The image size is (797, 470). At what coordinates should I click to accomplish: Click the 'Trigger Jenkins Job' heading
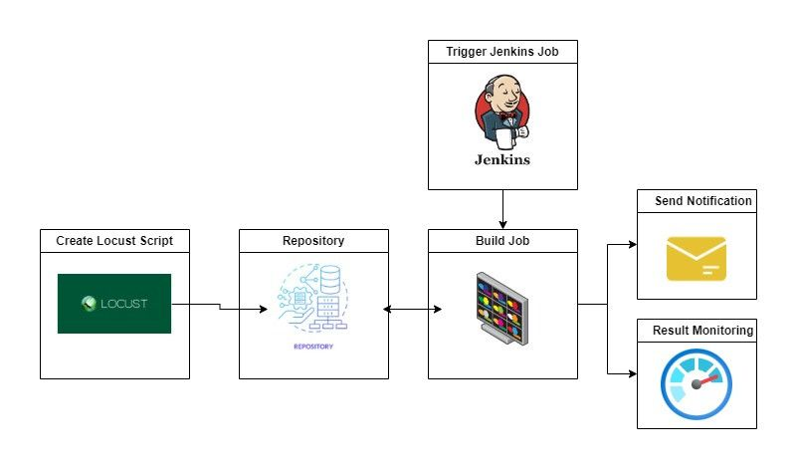click(x=502, y=51)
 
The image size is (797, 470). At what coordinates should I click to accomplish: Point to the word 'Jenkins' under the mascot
click(x=501, y=158)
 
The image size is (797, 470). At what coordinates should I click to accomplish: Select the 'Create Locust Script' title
click(x=114, y=240)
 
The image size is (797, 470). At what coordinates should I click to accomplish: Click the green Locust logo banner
click(x=114, y=303)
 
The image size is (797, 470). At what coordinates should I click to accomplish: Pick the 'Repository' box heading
click(x=313, y=240)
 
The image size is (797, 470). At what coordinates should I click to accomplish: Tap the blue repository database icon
click(x=313, y=298)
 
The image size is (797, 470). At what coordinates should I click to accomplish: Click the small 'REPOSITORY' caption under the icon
click(x=313, y=347)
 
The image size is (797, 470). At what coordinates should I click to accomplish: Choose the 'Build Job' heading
click(x=502, y=240)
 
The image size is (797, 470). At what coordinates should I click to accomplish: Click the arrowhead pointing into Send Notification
click(x=631, y=244)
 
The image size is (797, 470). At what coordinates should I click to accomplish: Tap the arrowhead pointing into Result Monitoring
click(x=631, y=373)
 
